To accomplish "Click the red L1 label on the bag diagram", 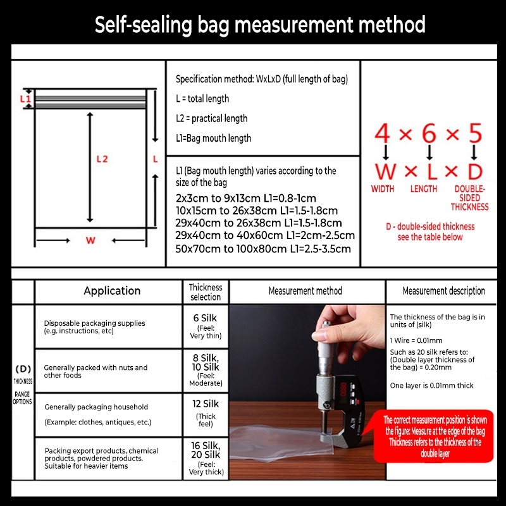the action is click(x=25, y=99).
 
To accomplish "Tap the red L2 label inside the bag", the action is click(x=102, y=159).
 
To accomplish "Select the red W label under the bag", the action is click(x=90, y=240).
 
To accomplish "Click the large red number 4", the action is click(x=382, y=133).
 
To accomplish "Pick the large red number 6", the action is click(x=429, y=133).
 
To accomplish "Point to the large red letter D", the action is click(x=475, y=171).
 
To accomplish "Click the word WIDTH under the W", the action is click(x=383, y=188).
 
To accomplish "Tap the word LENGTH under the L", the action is click(x=424, y=188).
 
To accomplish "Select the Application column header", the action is click(x=112, y=291).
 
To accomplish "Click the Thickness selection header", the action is click(x=206, y=292).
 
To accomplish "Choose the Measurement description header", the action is click(x=444, y=291).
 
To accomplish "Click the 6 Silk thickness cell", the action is click(x=206, y=326).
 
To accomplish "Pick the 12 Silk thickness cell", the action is click(x=206, y=414).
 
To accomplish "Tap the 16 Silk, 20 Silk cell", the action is click(x=206, y=458).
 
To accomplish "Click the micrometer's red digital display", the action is click(x=343, y=388).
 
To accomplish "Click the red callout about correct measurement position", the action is click(x=434, y=436).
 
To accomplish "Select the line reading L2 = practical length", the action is click(x=212, y=118).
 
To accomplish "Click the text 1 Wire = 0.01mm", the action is click(x=416, y=340).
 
